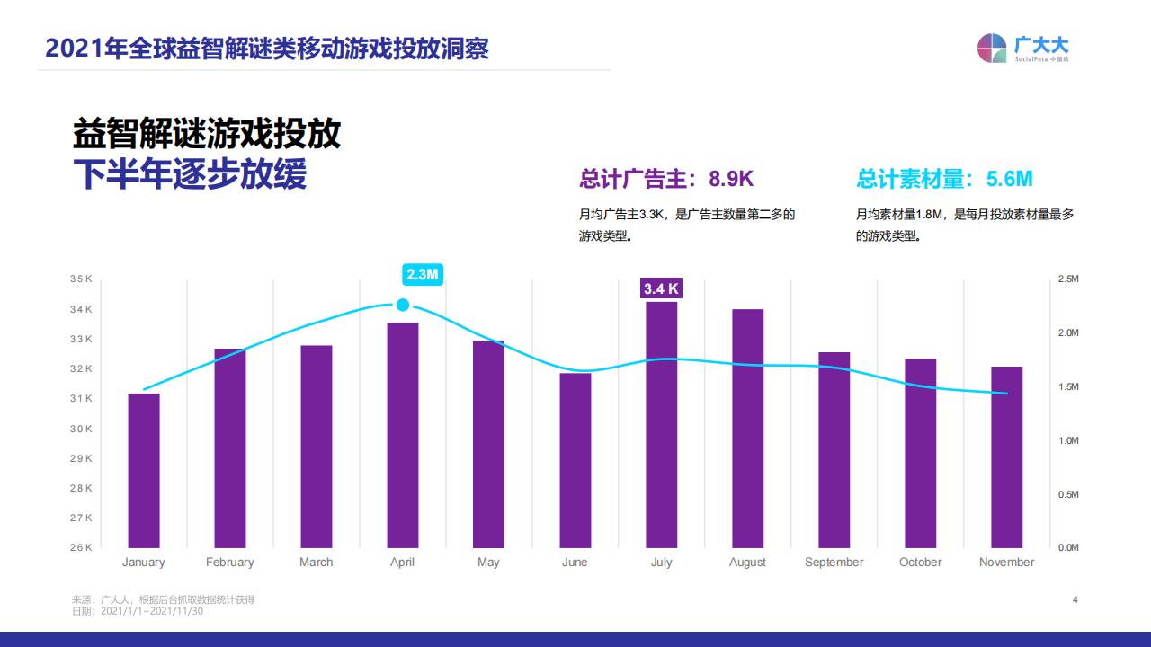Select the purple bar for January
(x=144, y=470)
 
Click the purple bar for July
(x=661, y=424)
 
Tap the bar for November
(x=1006, y=456)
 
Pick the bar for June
(x=575, y=460)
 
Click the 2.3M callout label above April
(x=422, y=274)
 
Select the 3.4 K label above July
(x=661, y=288)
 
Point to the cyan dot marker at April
(x=403, y=305)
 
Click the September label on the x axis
(x=834, y=563)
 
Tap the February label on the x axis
(x=229, y=563)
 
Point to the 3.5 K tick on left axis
(x=81, y=279)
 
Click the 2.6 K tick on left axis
(x=81, y=547)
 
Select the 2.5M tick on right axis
(x=1068, y=279)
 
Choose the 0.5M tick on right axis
(x=1068, y=494)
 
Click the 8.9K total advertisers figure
(x=731, y=179)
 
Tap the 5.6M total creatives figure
(x=1009, y=179)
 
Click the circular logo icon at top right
(x=992, y=49)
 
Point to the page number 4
(x=1075, y=599)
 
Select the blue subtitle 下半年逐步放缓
(x=190, y=175)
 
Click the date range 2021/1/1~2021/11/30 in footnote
(x=153, y=611)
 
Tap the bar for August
(x=747, y=428)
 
